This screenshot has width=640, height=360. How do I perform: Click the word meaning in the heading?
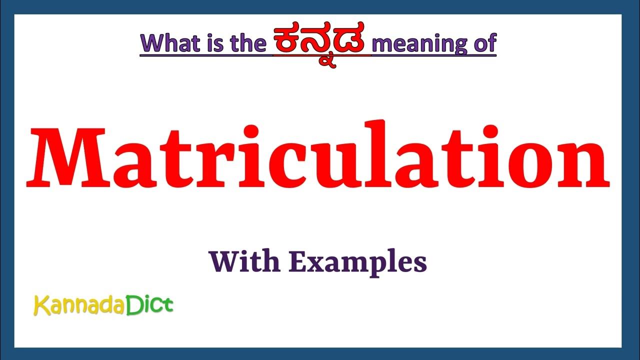(x=417, y=44)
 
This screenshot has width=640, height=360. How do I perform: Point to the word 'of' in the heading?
(x=482, y=43)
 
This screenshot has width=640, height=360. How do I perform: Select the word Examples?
(x=358, y=262)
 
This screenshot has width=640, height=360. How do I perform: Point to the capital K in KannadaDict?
(x=40, y=305)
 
